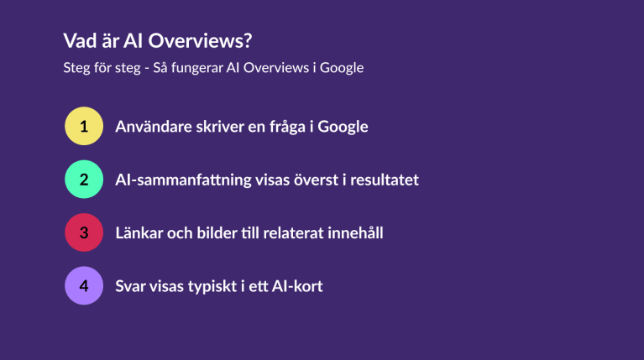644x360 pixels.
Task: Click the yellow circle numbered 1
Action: tap(84, 126)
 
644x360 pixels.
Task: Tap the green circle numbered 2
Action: tap(84, 180)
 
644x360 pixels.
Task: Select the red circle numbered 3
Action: tap(84, 232)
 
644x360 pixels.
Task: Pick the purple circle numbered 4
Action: tap(84, 285)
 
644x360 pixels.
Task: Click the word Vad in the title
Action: tap(80, 40)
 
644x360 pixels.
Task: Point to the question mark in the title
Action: tap(247, 40)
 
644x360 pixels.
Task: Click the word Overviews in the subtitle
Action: tap(276, 68)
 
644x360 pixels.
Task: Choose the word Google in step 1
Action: tap(343, 127)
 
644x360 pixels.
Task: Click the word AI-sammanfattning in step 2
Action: tap(183, 180)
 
